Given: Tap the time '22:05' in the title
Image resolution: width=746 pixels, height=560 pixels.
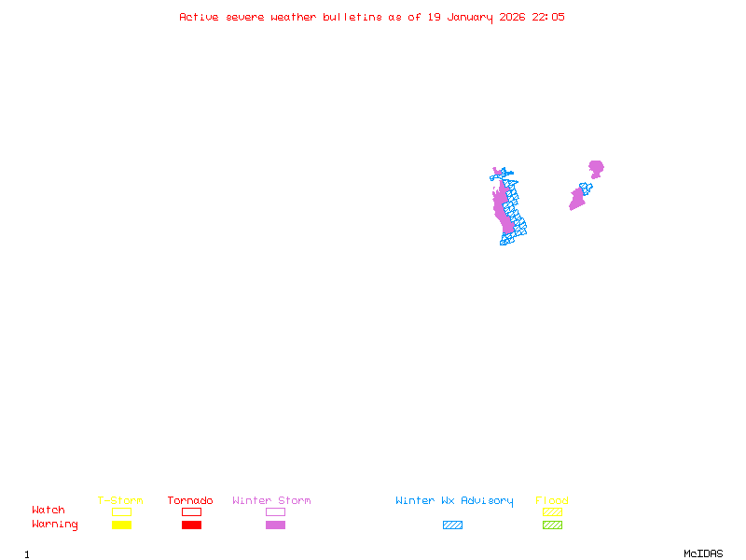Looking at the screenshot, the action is [x=548, y=17].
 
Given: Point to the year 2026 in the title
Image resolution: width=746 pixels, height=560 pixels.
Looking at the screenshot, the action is [x=512, y=17].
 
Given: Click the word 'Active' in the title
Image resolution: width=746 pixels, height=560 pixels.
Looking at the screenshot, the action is [x=199, y=17].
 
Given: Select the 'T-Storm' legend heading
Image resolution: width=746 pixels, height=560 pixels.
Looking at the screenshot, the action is [x=120, y=500].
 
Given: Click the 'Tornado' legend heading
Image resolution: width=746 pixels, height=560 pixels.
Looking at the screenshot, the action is [x=190, y=500].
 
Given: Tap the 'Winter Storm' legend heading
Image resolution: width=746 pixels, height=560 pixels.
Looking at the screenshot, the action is [x=271, y=500].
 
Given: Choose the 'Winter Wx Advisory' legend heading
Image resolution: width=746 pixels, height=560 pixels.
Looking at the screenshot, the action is [x=454, y=500].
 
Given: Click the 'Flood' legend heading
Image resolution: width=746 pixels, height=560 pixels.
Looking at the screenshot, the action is [x=552, y=500].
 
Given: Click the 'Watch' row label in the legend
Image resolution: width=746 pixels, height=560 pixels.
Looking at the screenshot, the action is [x=48, y=511].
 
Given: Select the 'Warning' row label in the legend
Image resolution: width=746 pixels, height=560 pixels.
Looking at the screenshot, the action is [x=55, y=525].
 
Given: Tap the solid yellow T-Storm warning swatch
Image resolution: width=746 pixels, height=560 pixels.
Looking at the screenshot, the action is [x=121, y=525].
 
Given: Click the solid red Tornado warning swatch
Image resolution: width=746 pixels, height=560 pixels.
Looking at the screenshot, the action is [x=191, y=525].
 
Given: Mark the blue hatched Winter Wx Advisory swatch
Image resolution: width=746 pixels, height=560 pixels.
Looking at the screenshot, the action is [x=452, y=525].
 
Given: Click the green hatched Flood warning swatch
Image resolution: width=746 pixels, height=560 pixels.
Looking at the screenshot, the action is [x=552, y=525].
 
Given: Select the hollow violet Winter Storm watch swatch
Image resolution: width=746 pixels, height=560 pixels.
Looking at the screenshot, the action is [x=275, y=511].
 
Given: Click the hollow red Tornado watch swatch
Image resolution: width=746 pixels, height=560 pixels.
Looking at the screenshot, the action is [x=191, y=511].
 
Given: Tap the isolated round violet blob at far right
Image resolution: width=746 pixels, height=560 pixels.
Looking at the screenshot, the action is [x=596, y=168].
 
